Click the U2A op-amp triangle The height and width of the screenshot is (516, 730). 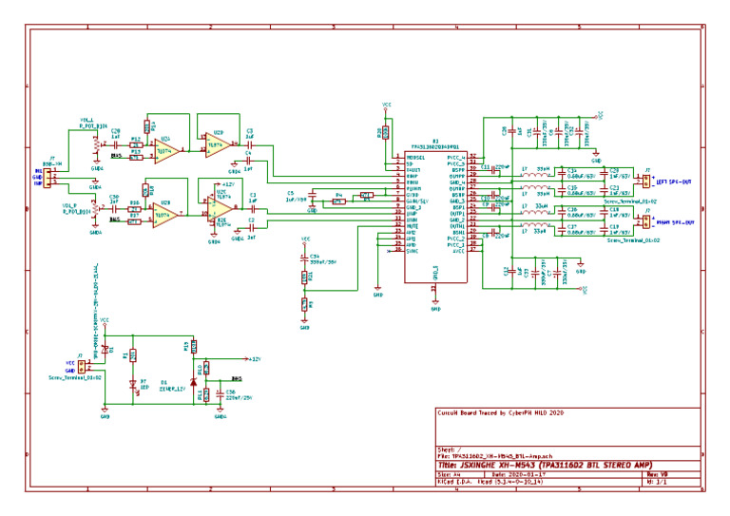[x=166, y=149]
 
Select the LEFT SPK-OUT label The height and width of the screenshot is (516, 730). [x=675, y=181]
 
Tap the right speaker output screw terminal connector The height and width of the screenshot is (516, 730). [x=646, y=224]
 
